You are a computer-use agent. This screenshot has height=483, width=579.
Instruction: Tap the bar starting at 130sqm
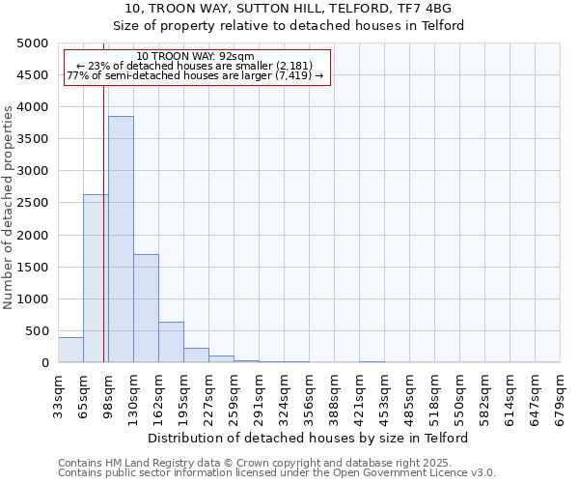click(146, 308)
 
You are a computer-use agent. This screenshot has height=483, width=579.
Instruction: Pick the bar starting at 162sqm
click(171, 342)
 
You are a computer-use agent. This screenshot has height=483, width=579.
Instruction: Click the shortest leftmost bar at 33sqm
click(70, 350)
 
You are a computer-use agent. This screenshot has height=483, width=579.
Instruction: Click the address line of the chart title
click(289, 8)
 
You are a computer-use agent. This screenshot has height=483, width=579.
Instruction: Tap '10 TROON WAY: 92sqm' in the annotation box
click(196, 57)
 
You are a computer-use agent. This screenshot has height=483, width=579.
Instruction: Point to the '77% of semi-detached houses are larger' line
click(196, 75)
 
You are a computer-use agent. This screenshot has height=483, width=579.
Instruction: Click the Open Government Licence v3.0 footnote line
click(277, 473)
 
